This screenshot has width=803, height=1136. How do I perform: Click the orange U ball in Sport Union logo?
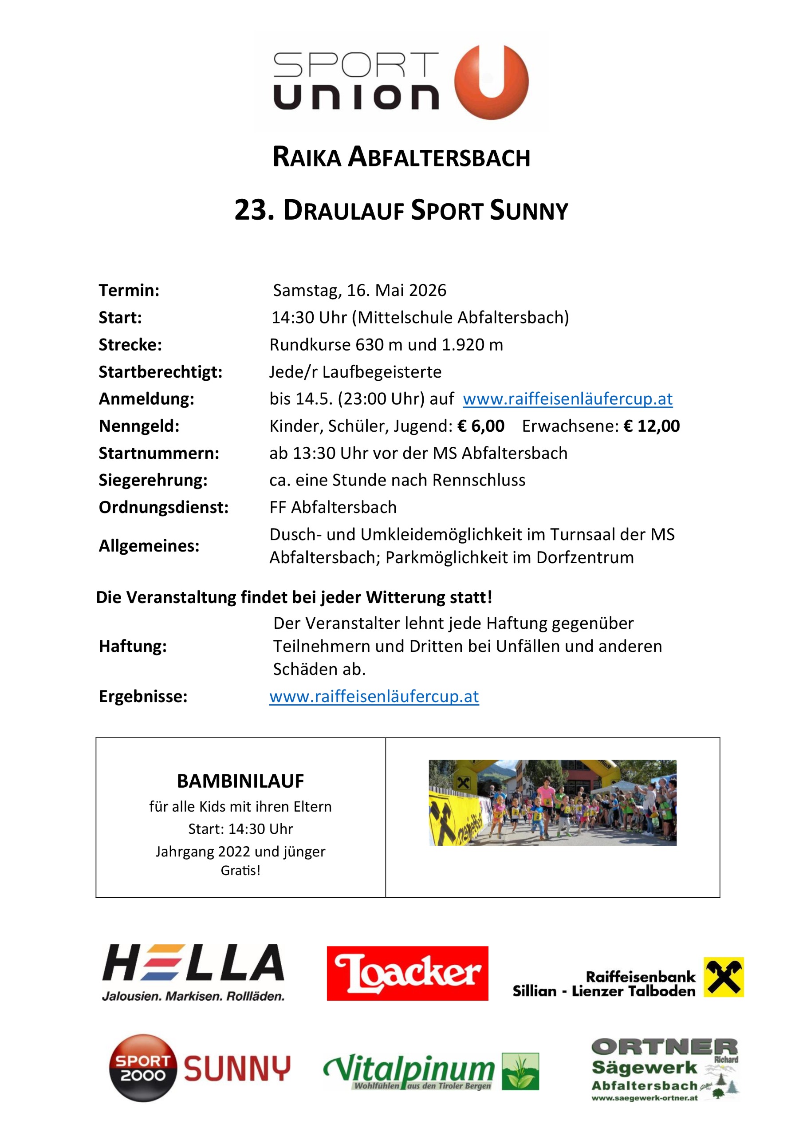pyautogui.click(x=491, y=82)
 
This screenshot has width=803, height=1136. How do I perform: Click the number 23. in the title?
pyautogui.click(x=254, y=210)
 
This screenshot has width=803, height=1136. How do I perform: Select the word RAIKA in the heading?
pyautogui.click(x=307, y=158)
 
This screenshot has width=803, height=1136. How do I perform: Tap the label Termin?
pyautogui.click(x=129, y=290)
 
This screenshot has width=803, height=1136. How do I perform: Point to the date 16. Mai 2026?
pyautogui.click(x=396, y=290)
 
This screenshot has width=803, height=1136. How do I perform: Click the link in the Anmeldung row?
pyautogui.click(x=567, y=399)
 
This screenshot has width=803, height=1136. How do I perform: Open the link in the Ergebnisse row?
pyautogui.click(x=374, y=697)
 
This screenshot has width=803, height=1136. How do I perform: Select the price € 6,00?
pyautogui.click(x=481, y=426)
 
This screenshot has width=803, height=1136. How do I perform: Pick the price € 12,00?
pyautogui.click(x=652, y=426)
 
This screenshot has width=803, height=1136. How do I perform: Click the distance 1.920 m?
pyautogui.click(x=472, y=345)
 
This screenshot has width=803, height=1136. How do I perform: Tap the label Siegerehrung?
pyautogui.click(x=153, y=480)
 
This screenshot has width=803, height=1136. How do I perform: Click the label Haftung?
pyautogui.click(x=133, y=646)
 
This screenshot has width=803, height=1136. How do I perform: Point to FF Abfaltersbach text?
pyautogui.click(x=333, y=507)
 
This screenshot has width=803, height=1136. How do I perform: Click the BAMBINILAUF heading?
pyautogui.click(x=240, y=781)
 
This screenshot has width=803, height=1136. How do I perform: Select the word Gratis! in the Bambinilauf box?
pyautogui.click(x=240, y=870)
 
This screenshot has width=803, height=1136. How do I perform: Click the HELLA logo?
pyautogui.click(x=193, y=972)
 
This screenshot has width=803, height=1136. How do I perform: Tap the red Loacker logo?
pyautogui.click(x=407, y=973)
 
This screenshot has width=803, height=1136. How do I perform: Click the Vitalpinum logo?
pyautogui.click(x=430, y=1071)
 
